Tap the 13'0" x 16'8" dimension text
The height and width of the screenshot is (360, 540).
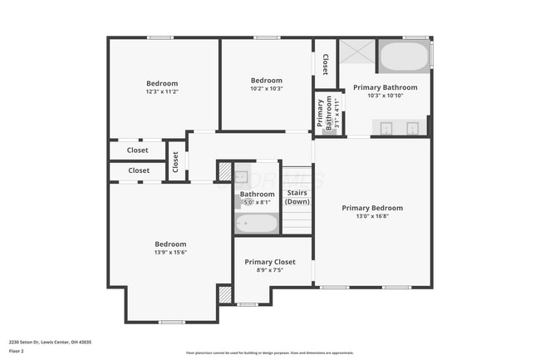tap(372, 216)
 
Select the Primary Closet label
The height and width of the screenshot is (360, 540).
tap(269, 262)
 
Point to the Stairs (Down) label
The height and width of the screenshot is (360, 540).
tap(297, 197)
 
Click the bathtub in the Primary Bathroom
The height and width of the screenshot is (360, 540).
tap(404, 58)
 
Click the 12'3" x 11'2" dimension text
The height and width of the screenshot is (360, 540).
tap(162, 91)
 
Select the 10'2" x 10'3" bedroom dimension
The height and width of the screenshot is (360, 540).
tap(267, 88)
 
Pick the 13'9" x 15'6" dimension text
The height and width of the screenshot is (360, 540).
tap(170, 252)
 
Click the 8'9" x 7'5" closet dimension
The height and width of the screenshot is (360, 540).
tap(269, 269)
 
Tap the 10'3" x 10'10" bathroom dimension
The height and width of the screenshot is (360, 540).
tap(385, 96)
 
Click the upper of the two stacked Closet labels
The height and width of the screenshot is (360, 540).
tap(138, 150)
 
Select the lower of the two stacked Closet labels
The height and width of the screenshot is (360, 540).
tap(139, 170)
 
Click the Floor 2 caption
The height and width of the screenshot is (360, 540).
tap(17, 352)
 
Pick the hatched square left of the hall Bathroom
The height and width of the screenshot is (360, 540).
tap(224, 171)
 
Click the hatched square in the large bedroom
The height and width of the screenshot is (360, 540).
tap(224, 294)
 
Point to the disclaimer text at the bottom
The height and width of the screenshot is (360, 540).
tap(269, 353)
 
